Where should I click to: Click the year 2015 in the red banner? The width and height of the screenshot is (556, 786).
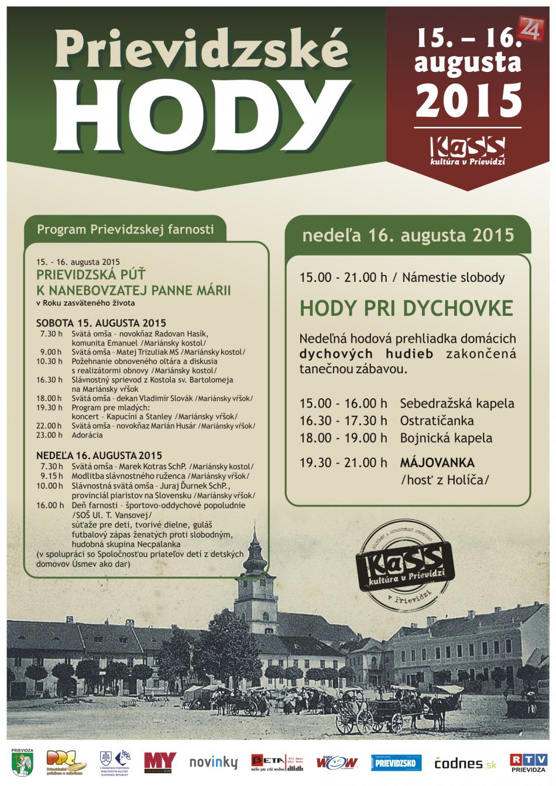coord(468,100)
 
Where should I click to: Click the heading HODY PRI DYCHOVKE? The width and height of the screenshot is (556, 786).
coord(406,308)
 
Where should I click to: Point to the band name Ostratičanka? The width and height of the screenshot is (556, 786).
coord(437,420)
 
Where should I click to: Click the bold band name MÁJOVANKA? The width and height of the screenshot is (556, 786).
coord(437,463)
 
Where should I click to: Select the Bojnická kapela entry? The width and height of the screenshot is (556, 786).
coord(446,438)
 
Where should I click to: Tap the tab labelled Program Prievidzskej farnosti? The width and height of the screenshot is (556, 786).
coord(125,229)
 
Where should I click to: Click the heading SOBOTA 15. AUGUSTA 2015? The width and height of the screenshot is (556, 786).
coord(101,323)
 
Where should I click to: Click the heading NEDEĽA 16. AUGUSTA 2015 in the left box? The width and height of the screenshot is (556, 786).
coord(99,455)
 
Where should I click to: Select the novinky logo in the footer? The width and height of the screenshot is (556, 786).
coord(213,763)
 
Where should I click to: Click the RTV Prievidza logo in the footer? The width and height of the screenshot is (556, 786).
coord(529,763)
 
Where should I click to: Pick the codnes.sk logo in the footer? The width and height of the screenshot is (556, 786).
coord(465,763)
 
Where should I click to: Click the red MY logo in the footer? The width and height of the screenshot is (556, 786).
coord(159,762)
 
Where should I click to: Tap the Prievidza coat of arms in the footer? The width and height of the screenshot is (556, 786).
coord(22,763)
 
